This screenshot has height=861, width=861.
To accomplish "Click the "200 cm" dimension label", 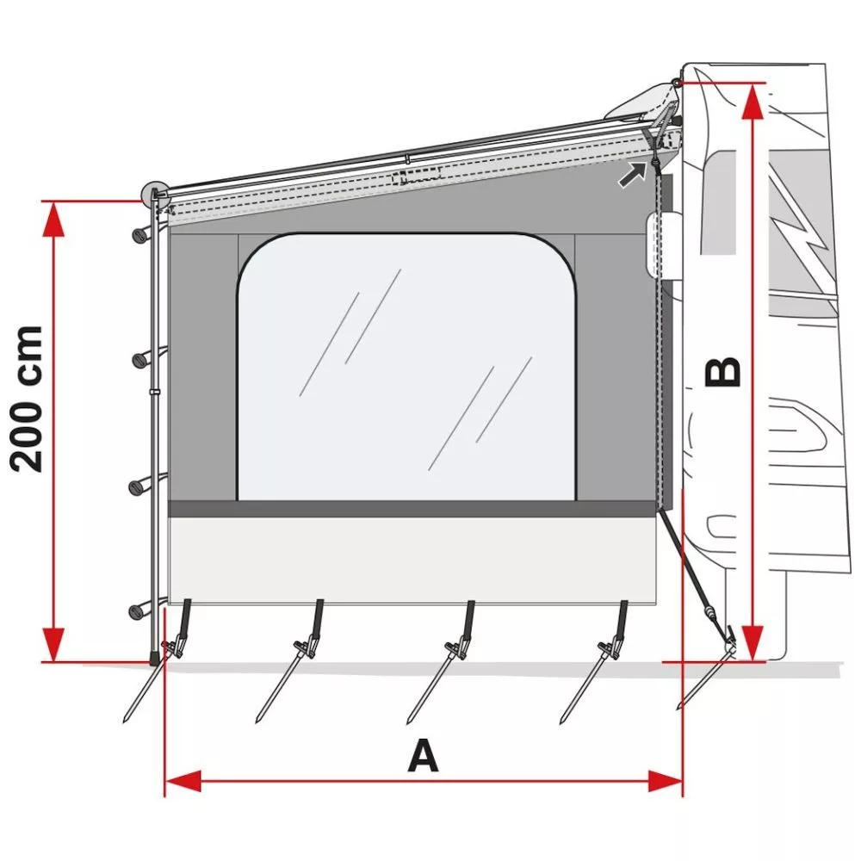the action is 27,400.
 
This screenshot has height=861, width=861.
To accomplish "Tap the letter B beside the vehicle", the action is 722,373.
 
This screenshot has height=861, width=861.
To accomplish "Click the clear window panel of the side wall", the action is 406,367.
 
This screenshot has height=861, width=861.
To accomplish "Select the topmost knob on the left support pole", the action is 140,235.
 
